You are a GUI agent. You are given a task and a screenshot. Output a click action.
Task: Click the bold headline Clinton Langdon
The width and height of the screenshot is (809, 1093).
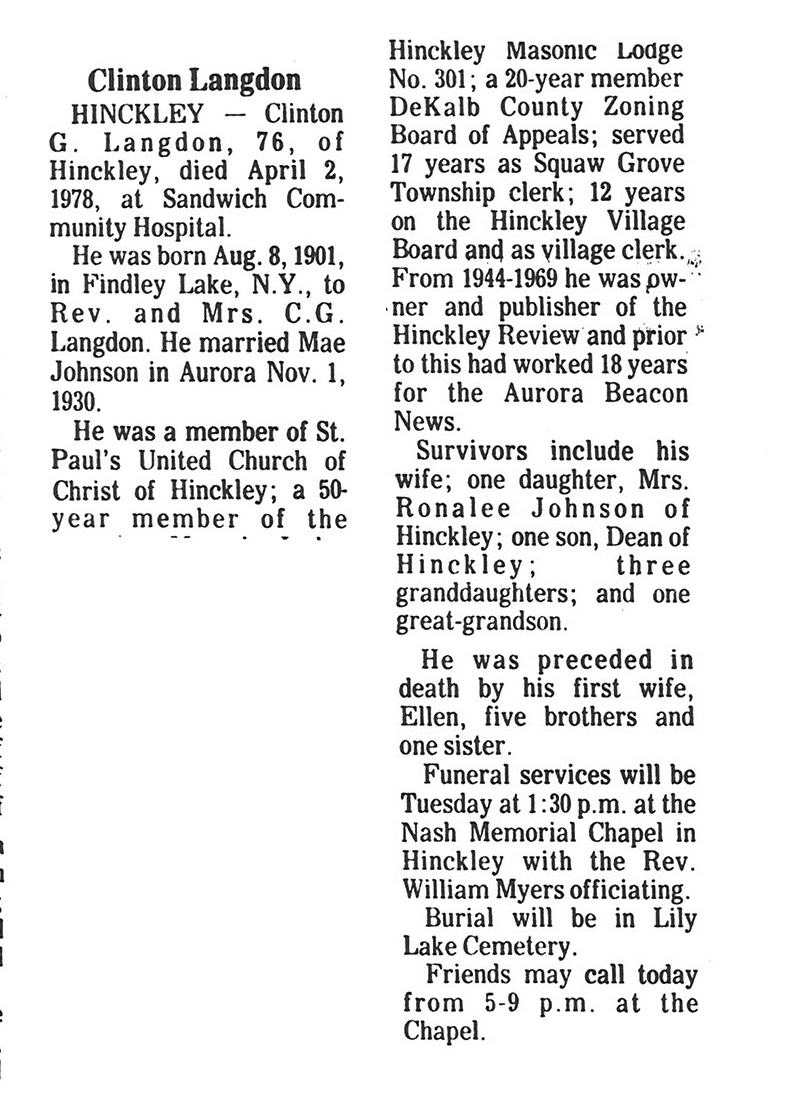pos(194,81)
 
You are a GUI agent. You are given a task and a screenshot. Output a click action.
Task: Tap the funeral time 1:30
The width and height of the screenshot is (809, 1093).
pos(524,801)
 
